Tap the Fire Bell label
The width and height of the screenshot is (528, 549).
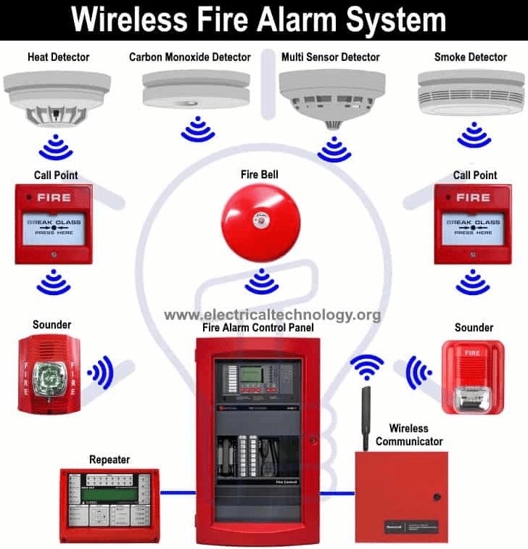coord(260,175)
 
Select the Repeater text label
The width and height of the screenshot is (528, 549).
coord(110,460)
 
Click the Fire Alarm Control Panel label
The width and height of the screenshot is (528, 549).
coord(257,328)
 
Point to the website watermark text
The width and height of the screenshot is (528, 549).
coord(272,315)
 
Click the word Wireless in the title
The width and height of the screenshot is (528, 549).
coord(124,20)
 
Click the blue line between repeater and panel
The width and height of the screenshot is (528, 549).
coord(178,493)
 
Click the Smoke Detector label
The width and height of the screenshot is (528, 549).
coord(471,57)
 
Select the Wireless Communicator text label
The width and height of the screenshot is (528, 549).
coord(408,434)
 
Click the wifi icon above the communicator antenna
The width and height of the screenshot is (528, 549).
coord(367,367)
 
